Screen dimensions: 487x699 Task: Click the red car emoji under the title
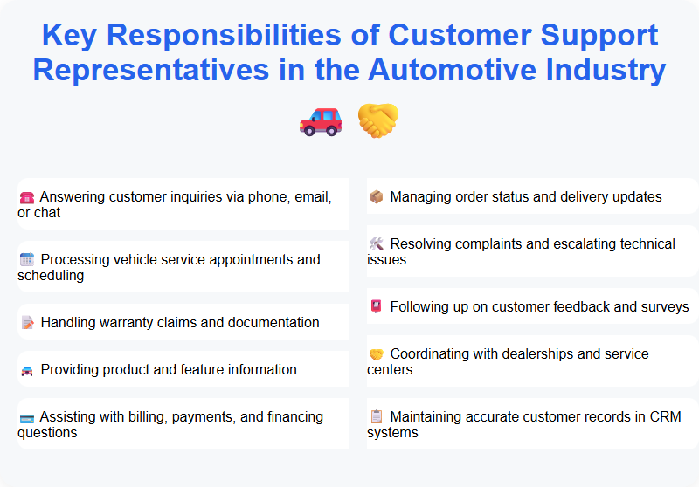[321, 120]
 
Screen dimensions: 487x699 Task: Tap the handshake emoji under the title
[378, 120]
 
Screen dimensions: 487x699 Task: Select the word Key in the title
[70, 35]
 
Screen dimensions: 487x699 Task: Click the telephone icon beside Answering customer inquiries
[26, 197]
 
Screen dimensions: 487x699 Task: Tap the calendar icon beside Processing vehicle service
[26, 260]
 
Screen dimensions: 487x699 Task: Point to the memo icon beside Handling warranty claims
[26, 323]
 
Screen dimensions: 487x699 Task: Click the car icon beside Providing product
[26, 370]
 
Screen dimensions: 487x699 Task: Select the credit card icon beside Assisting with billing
[26, 417]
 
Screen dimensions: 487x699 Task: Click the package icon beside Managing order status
[377, 197]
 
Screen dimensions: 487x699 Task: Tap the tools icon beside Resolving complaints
[377, 244]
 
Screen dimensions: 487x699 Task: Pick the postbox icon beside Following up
[377, 307]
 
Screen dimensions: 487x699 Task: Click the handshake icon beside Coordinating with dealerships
[377, 354]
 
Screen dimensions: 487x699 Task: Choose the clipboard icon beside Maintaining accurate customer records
[377, 417]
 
